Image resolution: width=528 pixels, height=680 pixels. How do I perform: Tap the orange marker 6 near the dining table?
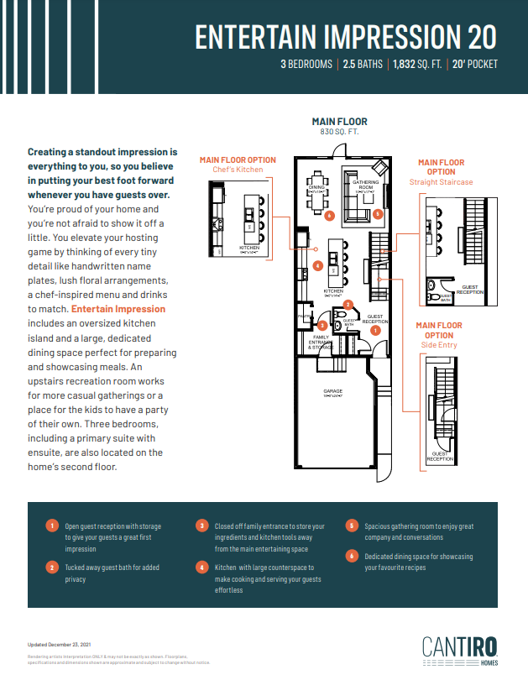click(330, 216)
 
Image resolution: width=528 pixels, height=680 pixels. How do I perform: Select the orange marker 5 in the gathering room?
click(378, 214)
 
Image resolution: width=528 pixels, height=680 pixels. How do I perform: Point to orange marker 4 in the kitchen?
click(317, 265)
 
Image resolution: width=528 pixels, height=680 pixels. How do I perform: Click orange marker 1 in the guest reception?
click(375, 331)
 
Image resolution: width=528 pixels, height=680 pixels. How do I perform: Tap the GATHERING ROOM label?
click(366, 185)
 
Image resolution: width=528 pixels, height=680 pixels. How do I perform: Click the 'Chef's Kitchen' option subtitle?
click(238, 170)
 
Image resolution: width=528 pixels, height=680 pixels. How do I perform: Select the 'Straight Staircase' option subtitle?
click(441, 181)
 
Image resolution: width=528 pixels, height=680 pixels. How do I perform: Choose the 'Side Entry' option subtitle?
click(440, 345)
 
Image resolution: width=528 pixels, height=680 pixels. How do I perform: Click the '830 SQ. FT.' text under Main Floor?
click(339, 133)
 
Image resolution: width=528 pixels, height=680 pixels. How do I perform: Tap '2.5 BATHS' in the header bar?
click(362, 64)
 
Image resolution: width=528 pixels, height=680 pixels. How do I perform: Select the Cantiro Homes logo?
click(460, 651)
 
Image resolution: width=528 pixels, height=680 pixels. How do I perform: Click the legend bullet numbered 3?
click(201, 526)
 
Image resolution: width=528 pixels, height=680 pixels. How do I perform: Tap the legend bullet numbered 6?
click(352, 557)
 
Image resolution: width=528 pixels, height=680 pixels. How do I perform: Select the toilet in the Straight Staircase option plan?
click(432, 296)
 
